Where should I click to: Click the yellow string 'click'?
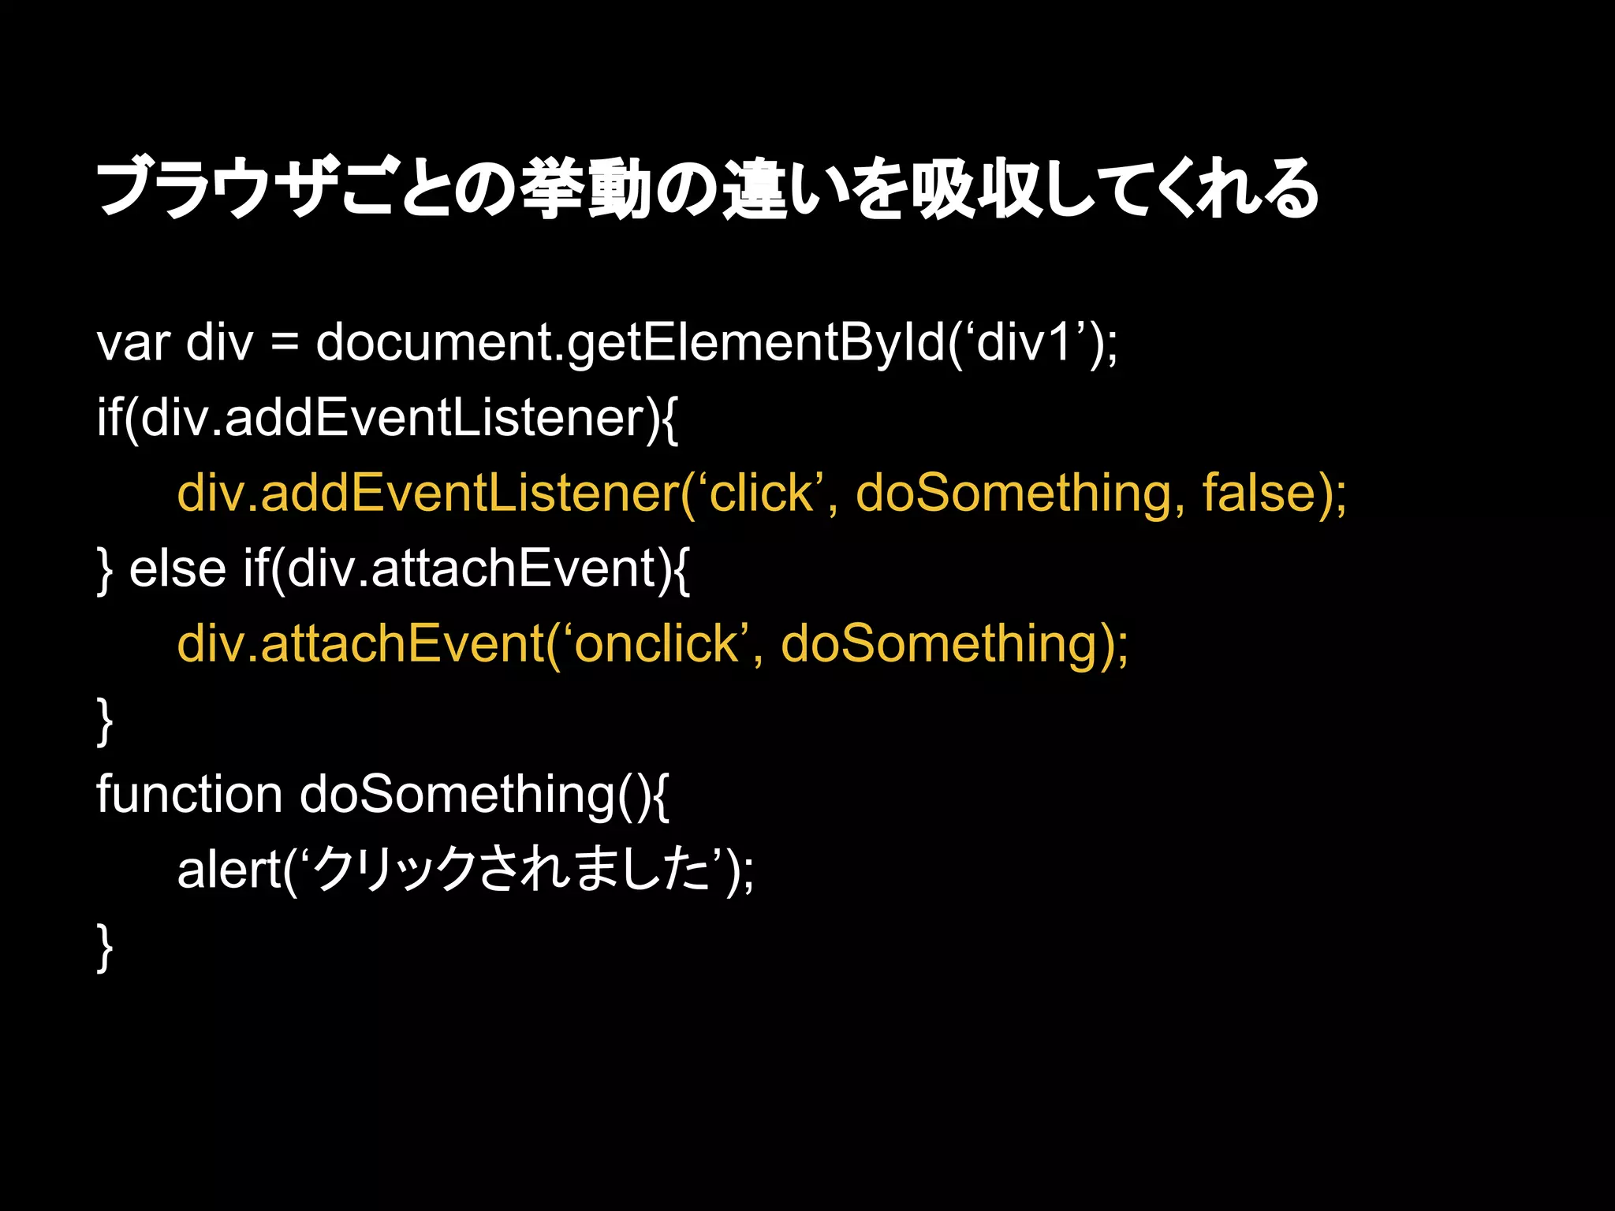pyautogui.click(x=761, y=494)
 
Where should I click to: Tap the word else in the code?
pyautogui.click(x=177, y=568)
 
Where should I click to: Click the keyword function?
pyautogui.click(x=189, y=795)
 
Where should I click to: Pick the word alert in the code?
pyautogui.click(x=229, y=870)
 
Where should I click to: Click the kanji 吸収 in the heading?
pyautogui.click(x=978, y=190)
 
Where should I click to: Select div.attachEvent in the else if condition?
pyautogui.click(x=472, y=568)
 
